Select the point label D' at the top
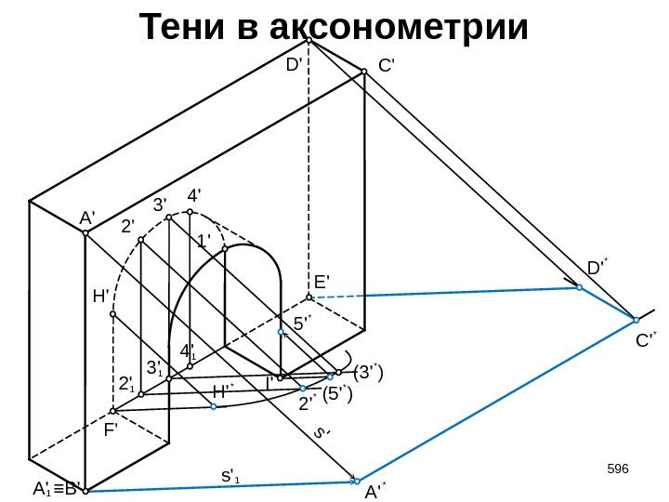click(x=295, y=65)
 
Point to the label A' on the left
click(x=88, y=218)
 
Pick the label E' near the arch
click(x=322, y=281)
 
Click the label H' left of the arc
click(x=101, y=297)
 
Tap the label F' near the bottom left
click(x=112, y=431)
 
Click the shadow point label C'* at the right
click(x=646, y=341)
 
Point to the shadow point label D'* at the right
click(x=596, y=269)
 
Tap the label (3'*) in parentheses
click(x=369, y=373)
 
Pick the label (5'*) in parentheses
click(x=338, y=395)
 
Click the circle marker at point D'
click(x=309, y=41)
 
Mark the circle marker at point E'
click(x=309, y=297)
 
